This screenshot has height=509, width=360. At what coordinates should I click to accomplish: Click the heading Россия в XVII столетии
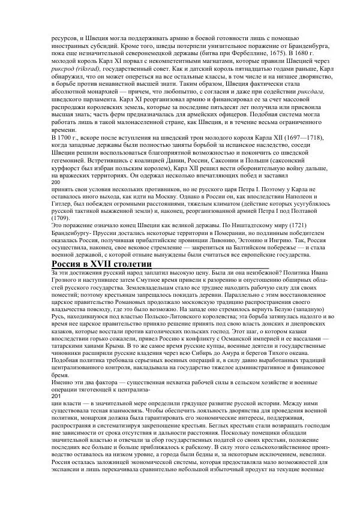[101, 264]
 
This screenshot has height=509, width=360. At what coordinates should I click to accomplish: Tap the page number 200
[57, 182]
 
